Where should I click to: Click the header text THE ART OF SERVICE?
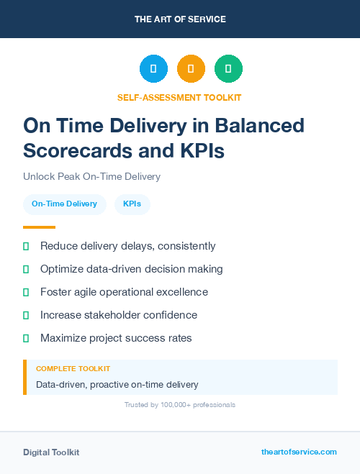point(180,19)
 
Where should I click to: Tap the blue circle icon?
point(153,69)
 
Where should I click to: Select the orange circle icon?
point(191,69)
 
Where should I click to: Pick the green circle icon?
point(228,69)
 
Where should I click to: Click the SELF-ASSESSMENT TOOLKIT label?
point(179,97)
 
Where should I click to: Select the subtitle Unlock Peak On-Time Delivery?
point(91,176)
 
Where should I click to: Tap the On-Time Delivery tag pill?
point(64,204)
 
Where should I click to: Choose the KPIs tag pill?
point(132,204)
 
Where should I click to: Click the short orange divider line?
point(35,227)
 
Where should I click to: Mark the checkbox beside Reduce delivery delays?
point(26,246)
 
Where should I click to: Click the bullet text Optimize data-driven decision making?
point(131,269)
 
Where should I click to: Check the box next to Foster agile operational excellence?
point(26,292)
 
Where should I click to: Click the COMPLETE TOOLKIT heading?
point(73,368)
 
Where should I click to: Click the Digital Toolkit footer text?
point(51,452)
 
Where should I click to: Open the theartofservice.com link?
point(299,452)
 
